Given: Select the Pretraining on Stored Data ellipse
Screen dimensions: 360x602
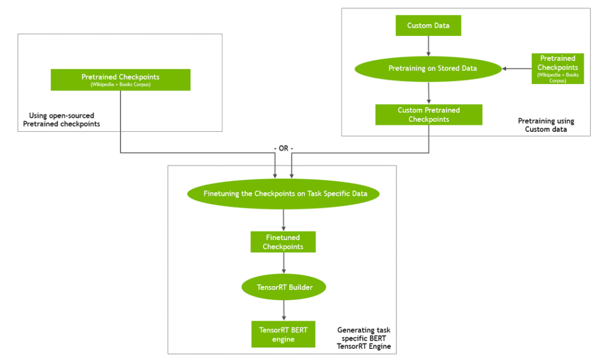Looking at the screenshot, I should click(x=428, y=68).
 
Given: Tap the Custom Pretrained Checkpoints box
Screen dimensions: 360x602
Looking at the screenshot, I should click(x=429, y=115).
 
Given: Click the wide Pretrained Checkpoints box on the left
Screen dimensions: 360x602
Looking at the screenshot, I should click(x=121, y=80).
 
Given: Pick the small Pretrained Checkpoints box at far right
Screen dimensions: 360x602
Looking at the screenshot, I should click(x=557, y=68).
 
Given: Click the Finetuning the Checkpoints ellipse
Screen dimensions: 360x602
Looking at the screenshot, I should click(x=283, y=194).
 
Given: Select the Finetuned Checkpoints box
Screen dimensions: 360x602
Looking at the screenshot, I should click(x=283, y=242).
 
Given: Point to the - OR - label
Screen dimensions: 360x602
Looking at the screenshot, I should click(x=283, y=148).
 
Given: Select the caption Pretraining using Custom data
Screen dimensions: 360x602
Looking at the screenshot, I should click(x=546, y=125).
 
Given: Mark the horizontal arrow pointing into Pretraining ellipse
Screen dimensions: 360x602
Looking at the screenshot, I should click(x=517, y=69).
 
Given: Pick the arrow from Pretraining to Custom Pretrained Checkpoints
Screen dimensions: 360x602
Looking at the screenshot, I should click(x=429, y=93).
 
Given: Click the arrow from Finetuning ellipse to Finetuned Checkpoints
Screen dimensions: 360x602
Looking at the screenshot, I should click(x=284, y=220).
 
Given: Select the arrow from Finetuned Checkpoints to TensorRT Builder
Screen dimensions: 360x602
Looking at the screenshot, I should click(x=284, y=265).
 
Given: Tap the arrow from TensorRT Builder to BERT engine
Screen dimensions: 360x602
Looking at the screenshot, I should click(x=284, y=310).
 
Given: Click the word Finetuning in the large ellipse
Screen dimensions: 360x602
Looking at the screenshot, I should click(x=221, y=194).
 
